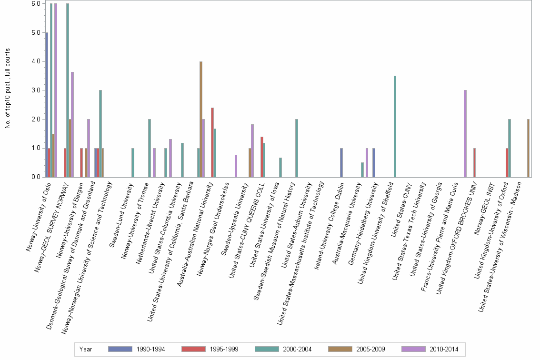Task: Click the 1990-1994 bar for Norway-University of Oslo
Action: coord(47,105)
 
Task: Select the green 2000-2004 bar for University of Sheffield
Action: coord(395,126)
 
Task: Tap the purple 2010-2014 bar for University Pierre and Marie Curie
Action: coord(465,133)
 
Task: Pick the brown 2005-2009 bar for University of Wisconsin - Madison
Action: coord(528,148)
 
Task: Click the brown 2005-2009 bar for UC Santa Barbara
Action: coord(201,119)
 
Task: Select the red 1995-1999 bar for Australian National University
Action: coord(212,142)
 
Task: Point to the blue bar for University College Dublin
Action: coord(341,162)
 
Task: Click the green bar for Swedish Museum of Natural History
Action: coord(297,148)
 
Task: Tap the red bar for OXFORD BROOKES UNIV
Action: coord(474,162)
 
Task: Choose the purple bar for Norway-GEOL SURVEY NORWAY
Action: coord(72,124)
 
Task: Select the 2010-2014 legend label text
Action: coord(444,349)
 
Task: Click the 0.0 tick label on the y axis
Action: coord(36,177)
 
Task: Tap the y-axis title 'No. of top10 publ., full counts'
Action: coord(8,89)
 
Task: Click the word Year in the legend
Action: coord(86,349)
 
